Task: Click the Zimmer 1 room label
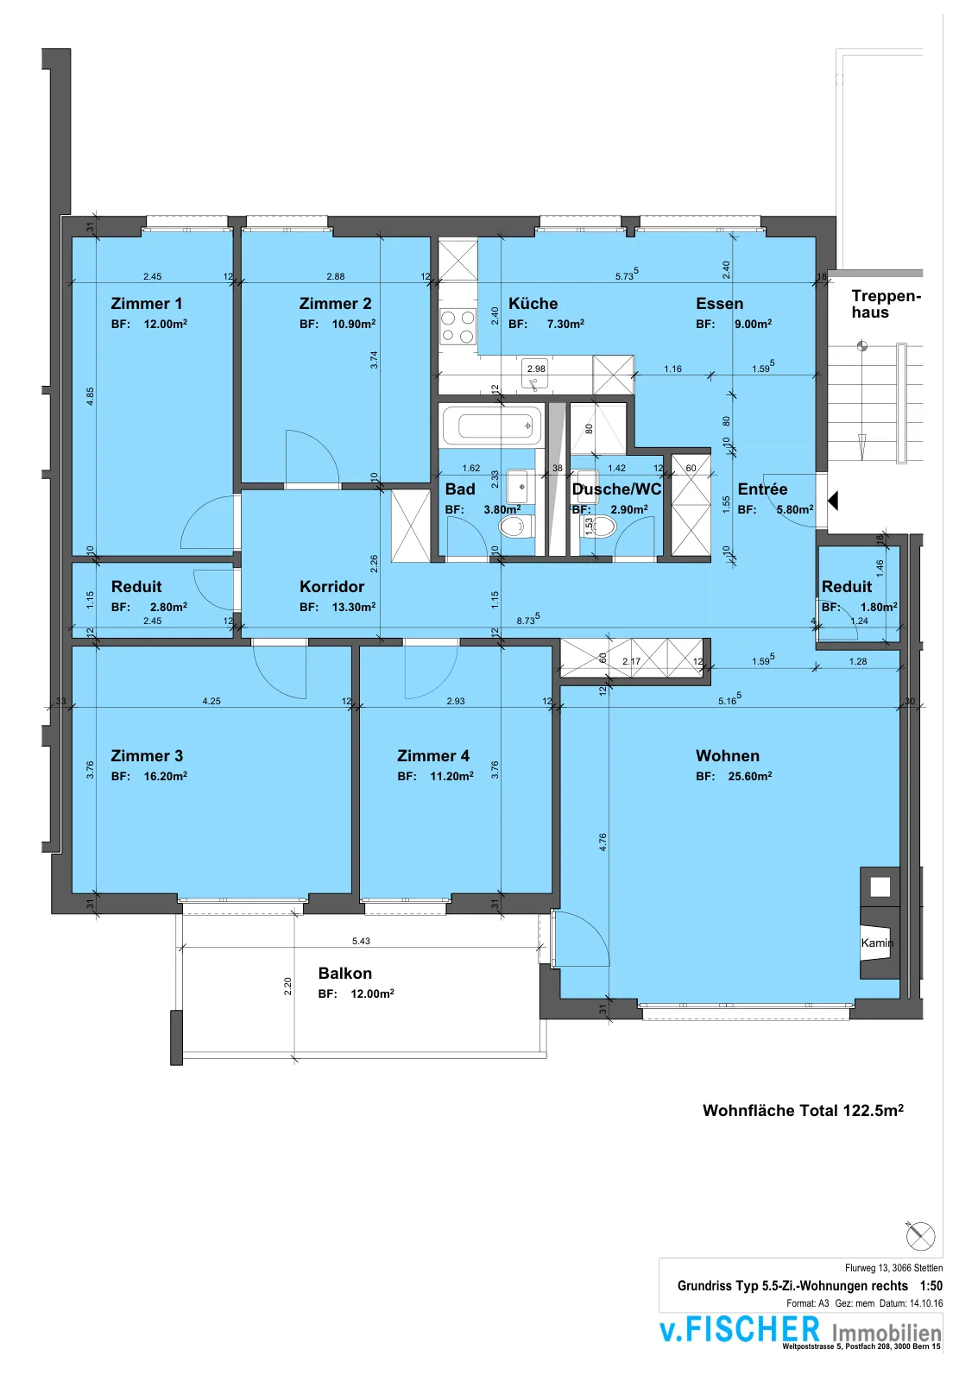(146, 303)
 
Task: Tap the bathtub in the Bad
(492, 425)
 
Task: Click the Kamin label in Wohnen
(878, 943)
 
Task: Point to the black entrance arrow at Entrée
(833, 500)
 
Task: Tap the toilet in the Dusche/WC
(598, 526)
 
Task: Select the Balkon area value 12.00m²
(372, 993)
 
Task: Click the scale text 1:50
(931, 1285)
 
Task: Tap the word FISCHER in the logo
(753, 1328)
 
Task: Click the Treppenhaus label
(887, 304)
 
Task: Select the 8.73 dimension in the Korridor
(528, 620)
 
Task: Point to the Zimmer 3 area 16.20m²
(165, 776)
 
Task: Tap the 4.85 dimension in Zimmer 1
(90, 396)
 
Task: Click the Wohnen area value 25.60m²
(750, 776)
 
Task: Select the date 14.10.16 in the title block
(926, 1303)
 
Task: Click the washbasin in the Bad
(521, 487)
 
